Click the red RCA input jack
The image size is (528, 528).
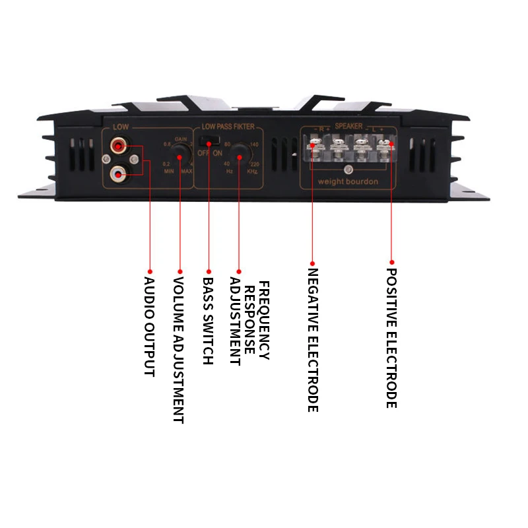click(119, 145)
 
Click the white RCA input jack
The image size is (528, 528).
click(119, 174)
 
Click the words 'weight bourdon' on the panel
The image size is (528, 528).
click(348, 181)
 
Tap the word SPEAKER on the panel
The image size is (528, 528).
click(348, 125)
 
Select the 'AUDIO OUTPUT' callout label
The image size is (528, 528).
click(149, 326)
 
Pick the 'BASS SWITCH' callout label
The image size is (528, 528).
click(208, 321)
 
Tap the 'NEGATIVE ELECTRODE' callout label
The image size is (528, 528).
click(313, 340)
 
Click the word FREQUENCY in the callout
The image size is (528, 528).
click(264, 320)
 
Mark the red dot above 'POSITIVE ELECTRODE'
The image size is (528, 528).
click(391, 261)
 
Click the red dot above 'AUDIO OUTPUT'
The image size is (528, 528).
click(149, 271)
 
